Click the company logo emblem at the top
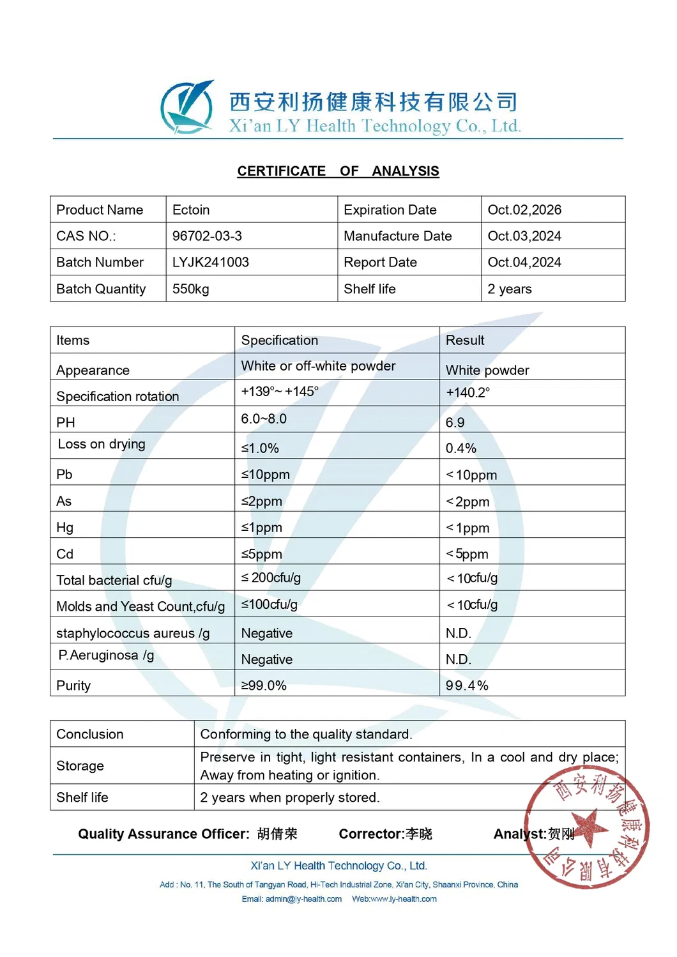coord(186,107)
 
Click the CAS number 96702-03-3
coord(207,236)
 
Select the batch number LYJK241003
coord(210,263)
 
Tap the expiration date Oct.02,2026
coord(524,210)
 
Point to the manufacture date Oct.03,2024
coord(524,236)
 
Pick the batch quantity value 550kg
coord(190,289)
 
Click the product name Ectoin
coord(190,210)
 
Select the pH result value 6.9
coord(455,423)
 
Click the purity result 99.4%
coord(467,686)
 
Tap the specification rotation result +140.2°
coord(468,393)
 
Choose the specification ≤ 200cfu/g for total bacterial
coord(271,578)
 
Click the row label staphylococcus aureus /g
coord(133,634)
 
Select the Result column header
coord(465,341)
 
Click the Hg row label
coord(65,528)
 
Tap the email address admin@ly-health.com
coord(303,900)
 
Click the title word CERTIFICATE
coord(281,171)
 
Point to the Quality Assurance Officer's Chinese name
coord(277,834)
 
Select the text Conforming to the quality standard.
coord(306,735)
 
